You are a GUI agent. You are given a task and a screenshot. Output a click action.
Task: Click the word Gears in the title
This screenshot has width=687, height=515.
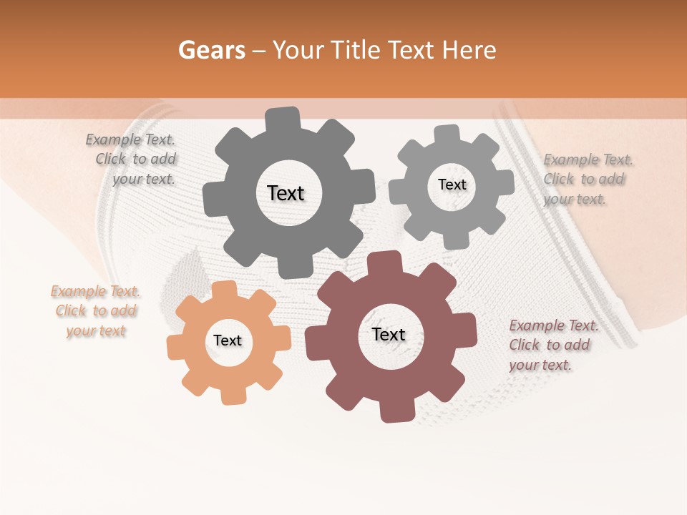tap(212, 50)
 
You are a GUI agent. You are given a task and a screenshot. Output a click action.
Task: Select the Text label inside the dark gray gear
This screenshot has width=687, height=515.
tap(286, 193)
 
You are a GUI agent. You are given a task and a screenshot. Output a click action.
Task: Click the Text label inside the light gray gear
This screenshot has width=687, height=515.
tap(452, 185)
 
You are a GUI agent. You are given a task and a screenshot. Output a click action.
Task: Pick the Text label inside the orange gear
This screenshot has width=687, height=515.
tap(228, 340)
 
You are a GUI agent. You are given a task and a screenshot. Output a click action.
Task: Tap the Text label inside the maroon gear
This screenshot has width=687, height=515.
tap(389, 334)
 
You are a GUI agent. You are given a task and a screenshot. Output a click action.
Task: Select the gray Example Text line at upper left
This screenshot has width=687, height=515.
tap(130, 140)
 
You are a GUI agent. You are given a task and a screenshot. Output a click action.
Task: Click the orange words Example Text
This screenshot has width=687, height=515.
tap(95, 292)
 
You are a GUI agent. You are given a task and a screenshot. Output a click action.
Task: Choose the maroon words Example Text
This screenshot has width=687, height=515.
tap(553, 326)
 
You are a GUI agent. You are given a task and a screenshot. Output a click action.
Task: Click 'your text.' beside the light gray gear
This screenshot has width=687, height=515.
tap(574, 199)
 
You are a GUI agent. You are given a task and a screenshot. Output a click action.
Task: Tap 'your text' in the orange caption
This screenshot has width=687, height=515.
tap(96, 331)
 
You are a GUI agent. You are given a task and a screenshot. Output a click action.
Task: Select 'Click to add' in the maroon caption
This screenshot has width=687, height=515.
tap(549, 345)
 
